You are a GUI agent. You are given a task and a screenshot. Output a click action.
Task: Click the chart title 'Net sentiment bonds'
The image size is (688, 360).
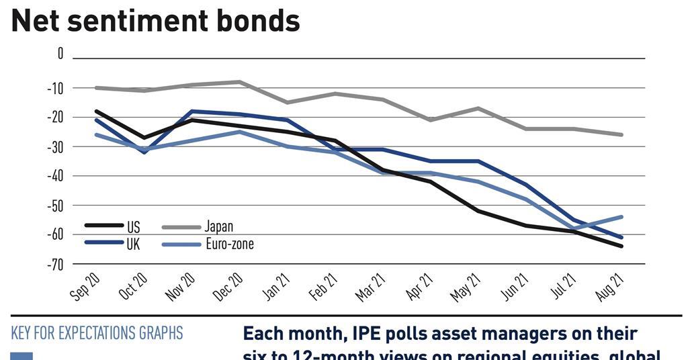(x=155, y=21)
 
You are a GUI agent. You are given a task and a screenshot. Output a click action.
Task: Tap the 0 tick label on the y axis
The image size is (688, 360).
(x=60, y=54)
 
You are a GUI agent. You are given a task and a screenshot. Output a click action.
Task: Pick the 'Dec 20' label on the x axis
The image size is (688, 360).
(x=228, y=286)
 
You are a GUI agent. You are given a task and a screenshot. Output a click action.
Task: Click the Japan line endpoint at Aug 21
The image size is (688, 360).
(x=622, y=134)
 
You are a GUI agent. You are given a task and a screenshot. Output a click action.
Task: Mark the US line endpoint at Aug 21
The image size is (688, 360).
(x=622, y=246)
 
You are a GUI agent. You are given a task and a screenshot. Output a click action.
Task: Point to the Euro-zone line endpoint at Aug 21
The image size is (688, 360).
(x=622, y=217)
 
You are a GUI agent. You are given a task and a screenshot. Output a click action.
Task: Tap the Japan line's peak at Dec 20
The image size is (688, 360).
(x=240, y=82)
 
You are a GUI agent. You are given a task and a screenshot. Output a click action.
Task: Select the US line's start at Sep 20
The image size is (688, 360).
(x=97, y=111)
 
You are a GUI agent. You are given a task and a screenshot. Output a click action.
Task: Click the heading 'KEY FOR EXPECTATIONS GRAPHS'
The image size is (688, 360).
(x=97, y=333)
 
